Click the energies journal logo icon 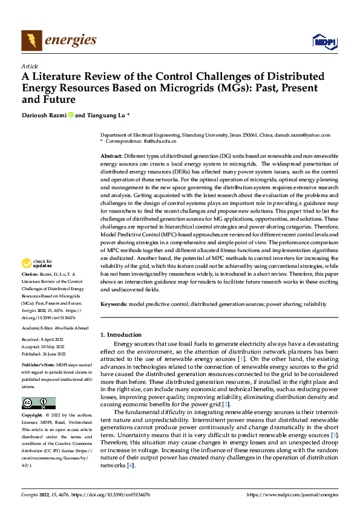30,41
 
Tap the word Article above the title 30,66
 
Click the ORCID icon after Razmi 71,115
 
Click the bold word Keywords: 114,304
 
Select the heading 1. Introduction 120,335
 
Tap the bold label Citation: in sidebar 30,274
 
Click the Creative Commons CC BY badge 38,403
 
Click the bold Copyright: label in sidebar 33,416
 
